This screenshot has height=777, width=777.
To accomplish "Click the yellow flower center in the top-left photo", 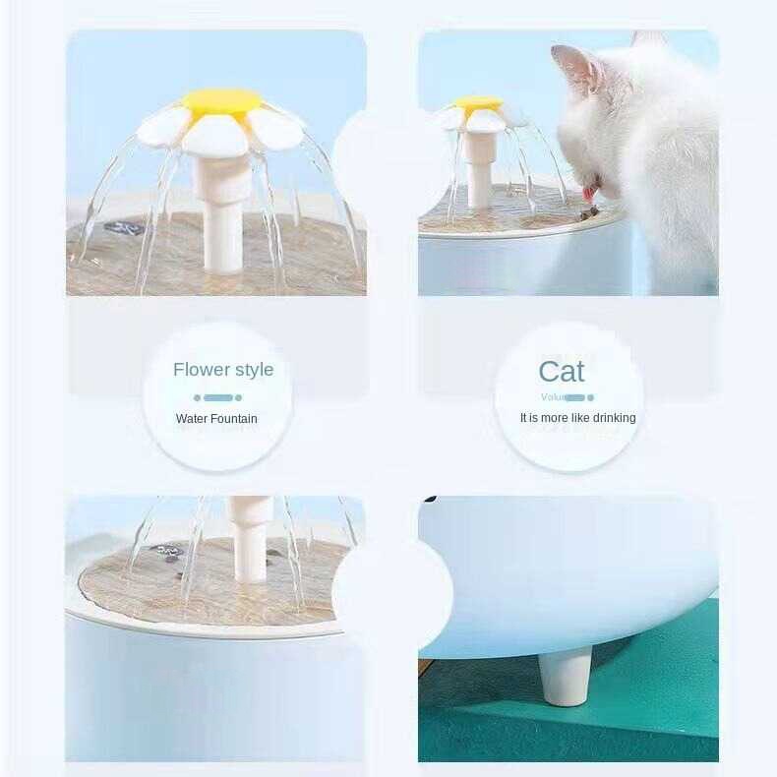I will click(x=219, y=100).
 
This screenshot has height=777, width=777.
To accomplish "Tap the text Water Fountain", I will click(x=216, y=419).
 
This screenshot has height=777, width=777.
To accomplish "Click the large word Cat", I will click(x=562, y=372).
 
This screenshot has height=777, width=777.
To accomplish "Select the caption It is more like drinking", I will click(x=577, y=418).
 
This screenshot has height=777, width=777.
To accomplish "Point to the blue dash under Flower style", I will click(x=218, y=397).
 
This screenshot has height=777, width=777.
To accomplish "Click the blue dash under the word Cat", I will click(x=576, y=397).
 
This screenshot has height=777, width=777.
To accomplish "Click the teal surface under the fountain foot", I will click(x=629, y=718).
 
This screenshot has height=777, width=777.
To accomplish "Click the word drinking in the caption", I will click(x=614, y=418).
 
